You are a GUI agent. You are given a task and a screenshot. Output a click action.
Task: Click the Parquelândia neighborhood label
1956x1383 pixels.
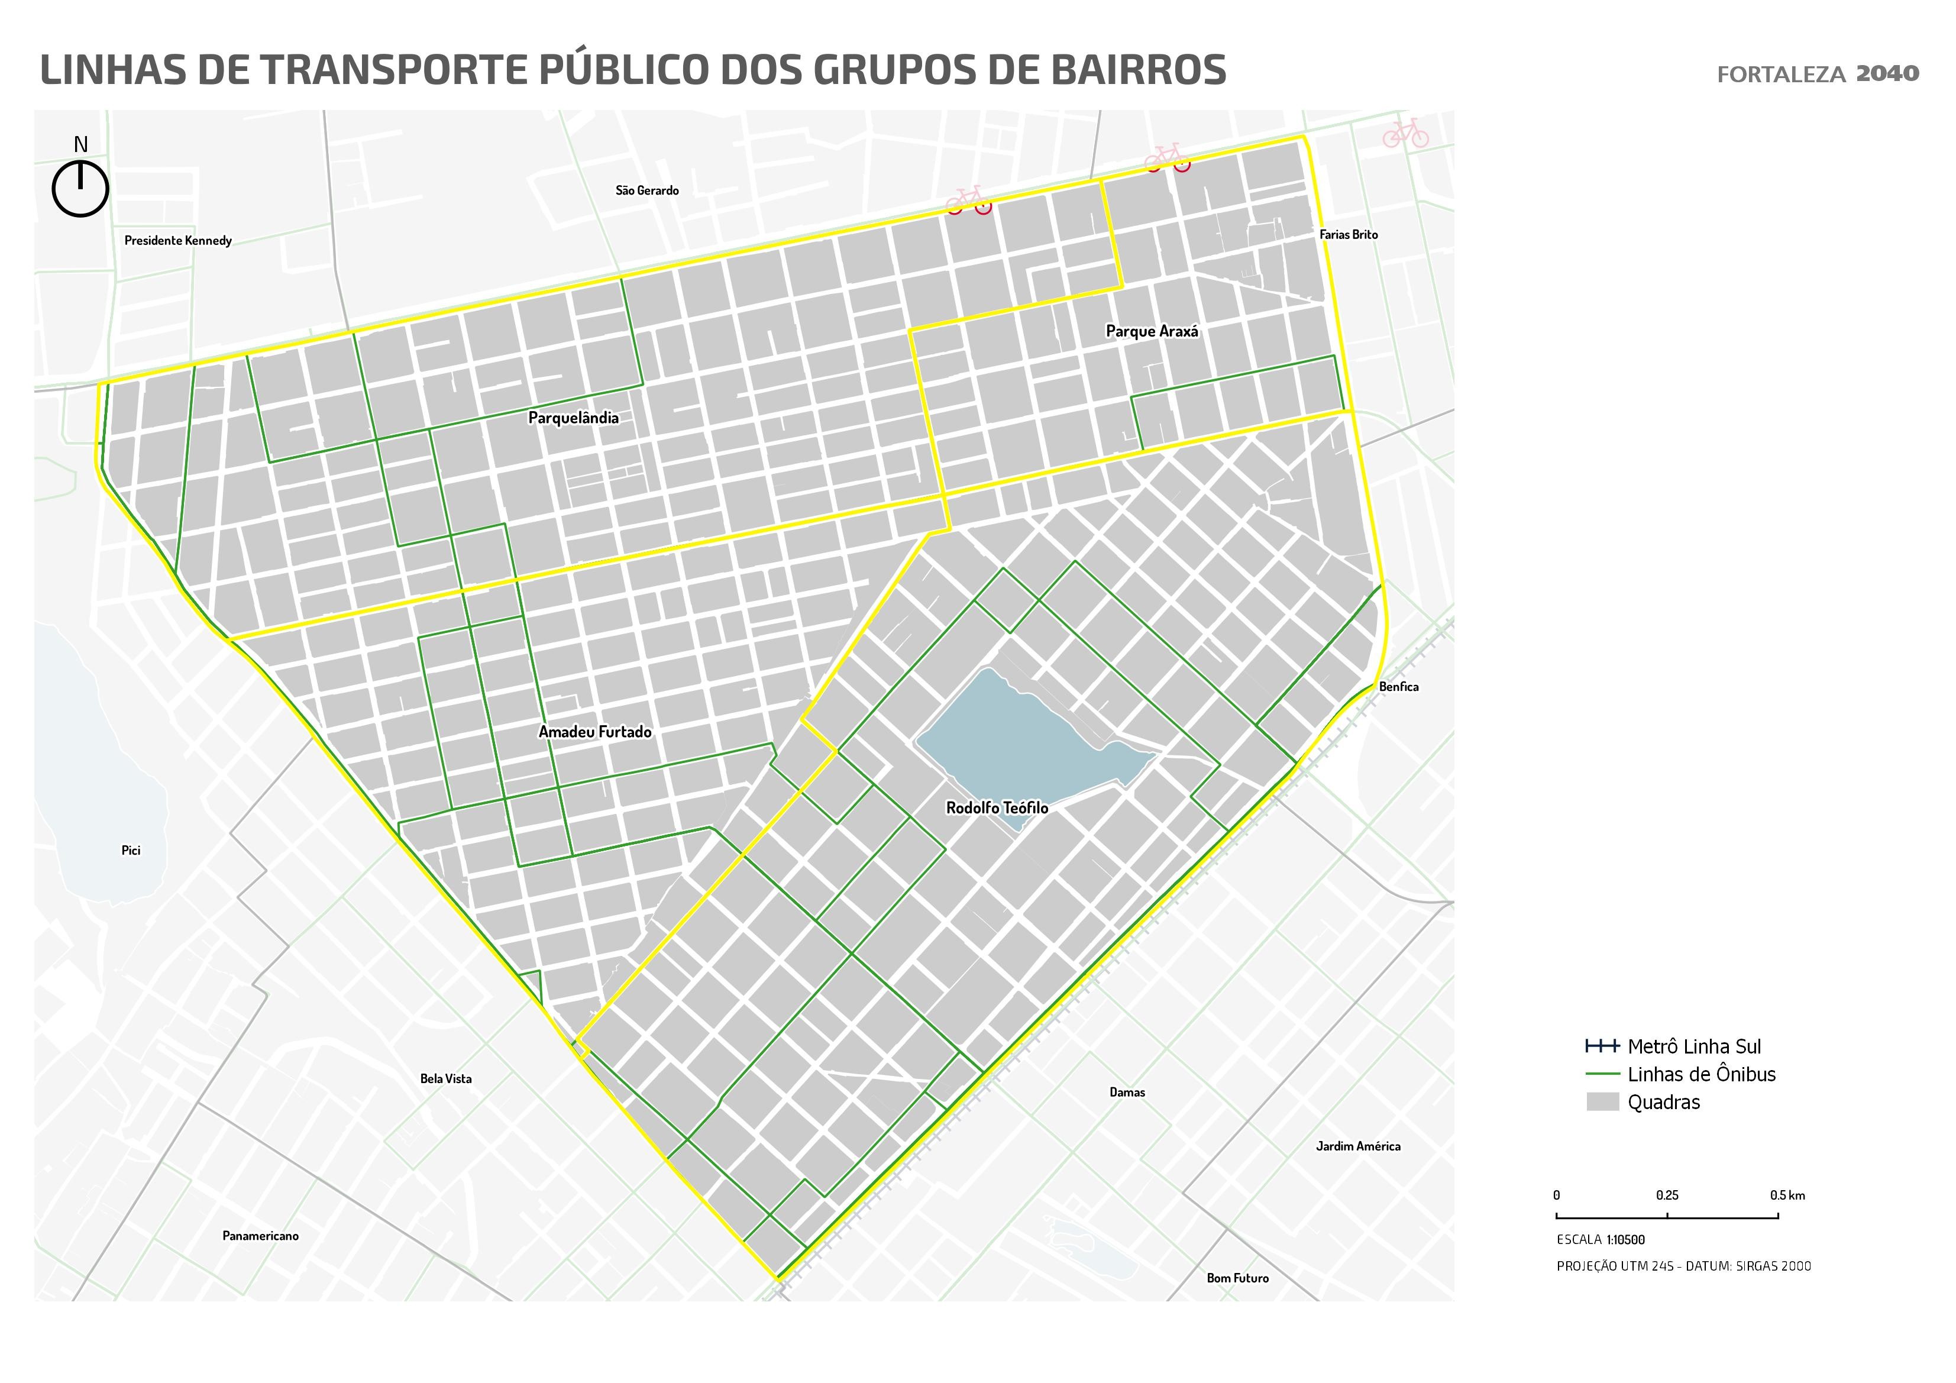[x=573, y=418]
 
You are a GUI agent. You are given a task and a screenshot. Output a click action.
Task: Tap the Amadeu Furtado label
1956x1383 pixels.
[x=594, y=732]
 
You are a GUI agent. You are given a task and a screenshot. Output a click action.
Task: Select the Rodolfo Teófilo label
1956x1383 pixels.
[x=997, y=808]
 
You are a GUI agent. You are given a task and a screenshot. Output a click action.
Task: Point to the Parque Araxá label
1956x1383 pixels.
[x=1152, y=331]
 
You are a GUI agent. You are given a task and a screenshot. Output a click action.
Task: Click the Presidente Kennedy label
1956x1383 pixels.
[x=178, y=240]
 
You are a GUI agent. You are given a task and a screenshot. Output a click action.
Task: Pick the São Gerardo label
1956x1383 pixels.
[x=646, y=191]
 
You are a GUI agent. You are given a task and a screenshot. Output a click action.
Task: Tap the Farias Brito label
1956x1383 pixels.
[x=1349, y=234]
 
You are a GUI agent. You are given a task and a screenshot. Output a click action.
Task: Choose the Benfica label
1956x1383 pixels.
[x=1399, y=687]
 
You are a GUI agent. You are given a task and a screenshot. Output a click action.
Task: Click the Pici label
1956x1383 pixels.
[x=130, y=851]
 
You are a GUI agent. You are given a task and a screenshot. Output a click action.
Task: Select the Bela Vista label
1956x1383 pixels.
[x=445, y=1079]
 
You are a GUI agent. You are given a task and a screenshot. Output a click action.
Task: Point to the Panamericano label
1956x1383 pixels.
[x=261, y=1236]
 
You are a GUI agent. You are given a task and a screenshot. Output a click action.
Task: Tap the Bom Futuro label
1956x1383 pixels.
[x=1237, y=1278]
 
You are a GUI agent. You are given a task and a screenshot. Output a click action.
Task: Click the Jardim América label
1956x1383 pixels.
[x=1358, y=1146]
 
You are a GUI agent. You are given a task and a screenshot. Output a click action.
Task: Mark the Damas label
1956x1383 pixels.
[x=1127, y=1093]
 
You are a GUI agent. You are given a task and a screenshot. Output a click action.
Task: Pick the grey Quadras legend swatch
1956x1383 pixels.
[x=1602, y=1102]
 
